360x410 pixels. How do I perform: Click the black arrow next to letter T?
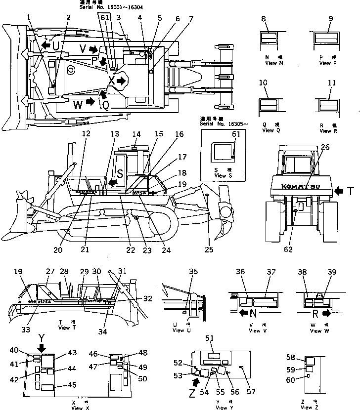(339, 190)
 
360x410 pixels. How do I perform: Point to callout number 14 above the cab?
(136, 133)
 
